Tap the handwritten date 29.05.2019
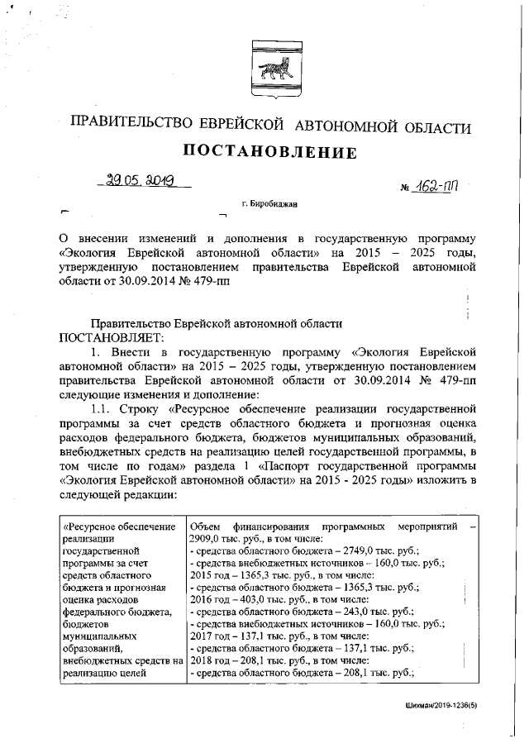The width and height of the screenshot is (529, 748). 141,181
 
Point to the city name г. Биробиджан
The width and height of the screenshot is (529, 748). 269,202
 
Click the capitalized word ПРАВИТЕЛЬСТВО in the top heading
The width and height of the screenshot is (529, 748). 133,127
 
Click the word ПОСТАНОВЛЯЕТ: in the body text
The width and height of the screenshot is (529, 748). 112,339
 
